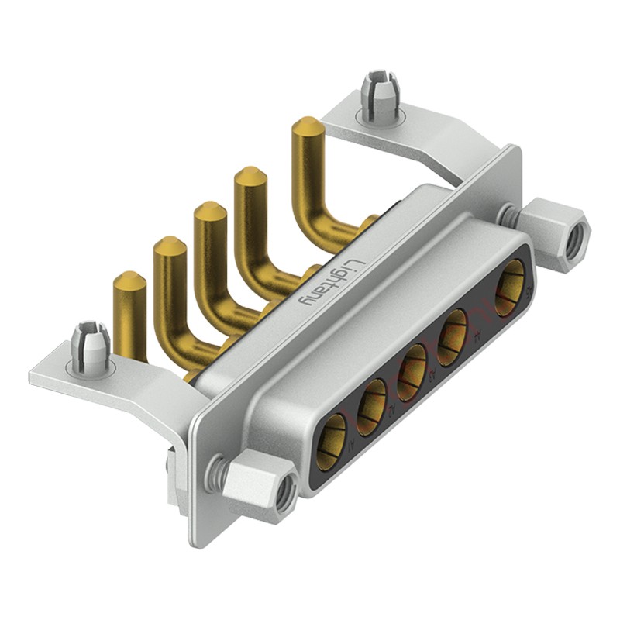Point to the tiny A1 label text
click(x=353, y=446)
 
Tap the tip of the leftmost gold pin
click(x=129, y=281)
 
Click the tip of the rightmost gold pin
click(x=307, y=126)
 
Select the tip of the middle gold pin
click(x=209, y=212)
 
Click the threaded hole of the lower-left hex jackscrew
click(x=285, y=493)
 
